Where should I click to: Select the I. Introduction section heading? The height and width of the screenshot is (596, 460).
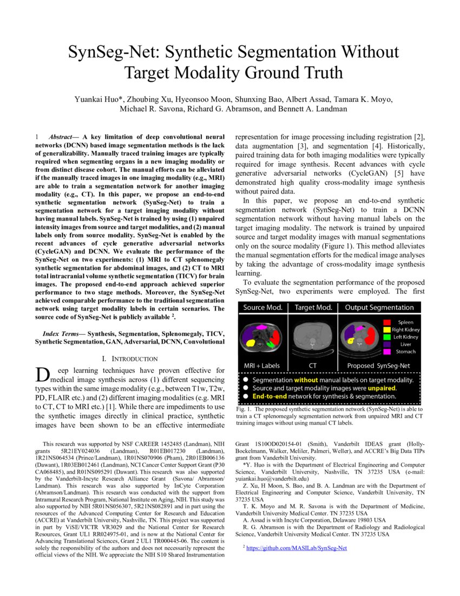pos(130,359)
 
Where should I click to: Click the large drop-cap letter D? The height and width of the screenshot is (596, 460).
pos(42,374)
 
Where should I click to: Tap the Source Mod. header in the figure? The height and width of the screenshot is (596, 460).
pos(262,308)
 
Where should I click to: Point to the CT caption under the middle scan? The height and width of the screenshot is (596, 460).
pos(313,366)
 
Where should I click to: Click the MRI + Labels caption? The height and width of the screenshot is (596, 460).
pos(262,366)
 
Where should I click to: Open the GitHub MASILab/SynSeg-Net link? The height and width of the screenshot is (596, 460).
pos(296,548)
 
